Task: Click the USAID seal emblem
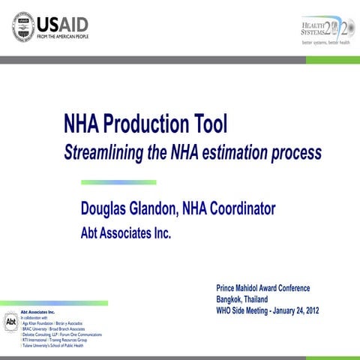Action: pyautogui.click(x=25, y=27)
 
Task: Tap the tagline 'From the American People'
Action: pyautogui.click(x=70, y=36)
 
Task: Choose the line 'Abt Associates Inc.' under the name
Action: pyautogui.click(x=126, y=233)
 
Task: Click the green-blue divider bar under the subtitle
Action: pyautogui.click(x=118, y=181)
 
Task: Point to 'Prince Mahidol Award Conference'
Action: pyautogui.click(x=262, y=289)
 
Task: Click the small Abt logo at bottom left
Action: pyautogui.click(x=10, y=322)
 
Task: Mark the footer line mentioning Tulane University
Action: pyautogui.click(x=52, y=346)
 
